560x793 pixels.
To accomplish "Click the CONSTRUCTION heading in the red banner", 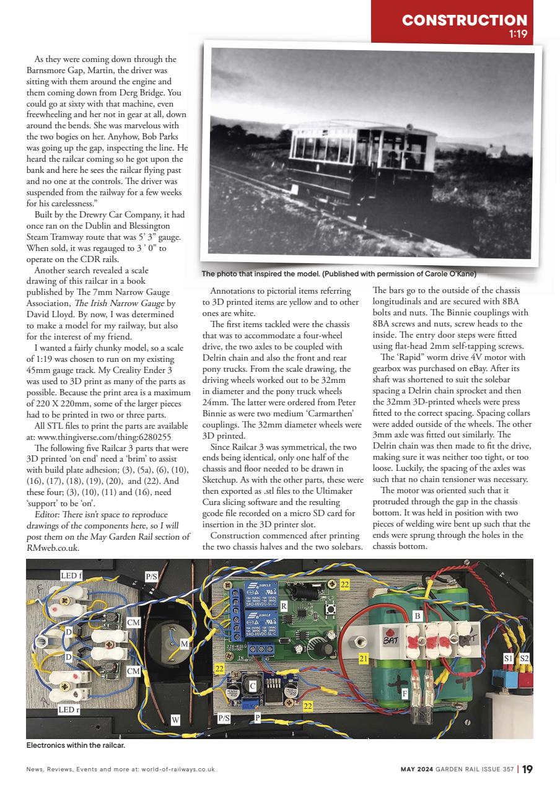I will tap(465, 20).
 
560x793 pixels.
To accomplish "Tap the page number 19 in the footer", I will tap(527, 769).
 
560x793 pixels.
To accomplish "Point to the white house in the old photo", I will tap(494, 151).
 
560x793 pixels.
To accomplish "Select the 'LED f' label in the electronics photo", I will tap(69, 576).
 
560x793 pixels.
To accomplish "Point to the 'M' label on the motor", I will tap(184, 644).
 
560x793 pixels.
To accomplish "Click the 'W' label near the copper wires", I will tap(175, 720).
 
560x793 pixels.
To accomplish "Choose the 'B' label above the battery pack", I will tap(417, 616).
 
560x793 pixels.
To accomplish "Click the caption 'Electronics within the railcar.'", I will tap(76, 745).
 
